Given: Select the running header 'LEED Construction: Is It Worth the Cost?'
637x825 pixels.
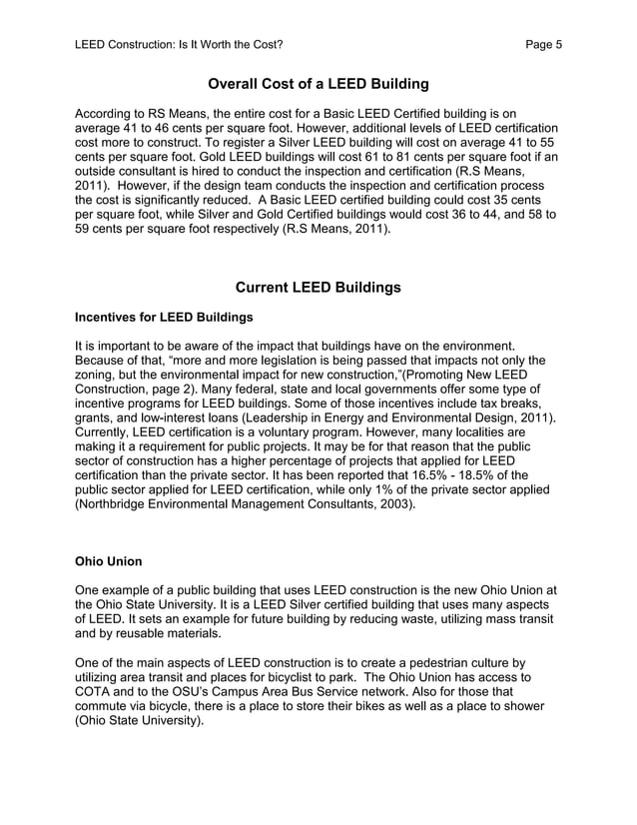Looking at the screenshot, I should coord(179,44).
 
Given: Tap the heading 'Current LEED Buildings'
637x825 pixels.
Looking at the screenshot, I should coord(318,288).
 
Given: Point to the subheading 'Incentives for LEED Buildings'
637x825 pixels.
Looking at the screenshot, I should coord(164,318).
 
